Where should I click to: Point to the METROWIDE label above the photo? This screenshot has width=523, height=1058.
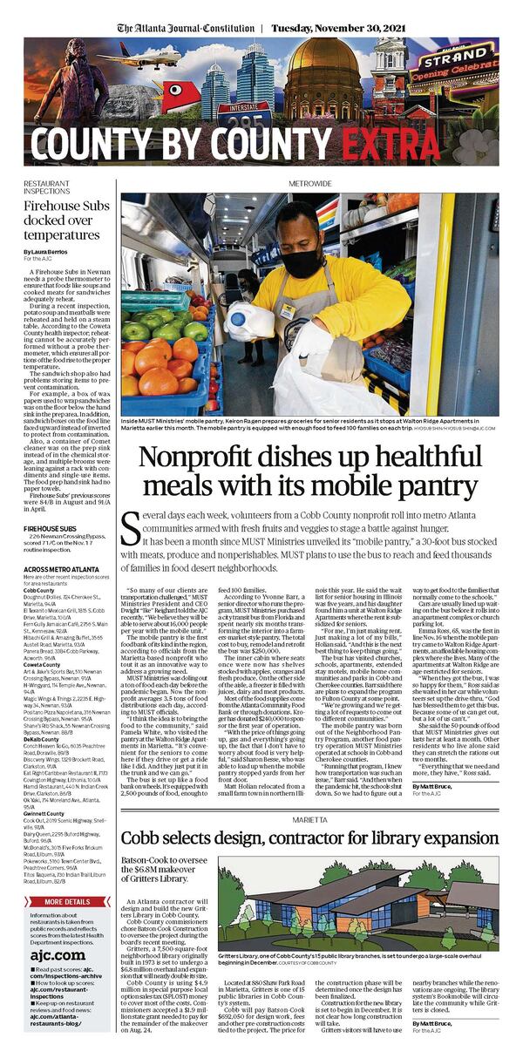tap(309, 185)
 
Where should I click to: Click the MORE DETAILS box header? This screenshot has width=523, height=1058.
tap(66, 901)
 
